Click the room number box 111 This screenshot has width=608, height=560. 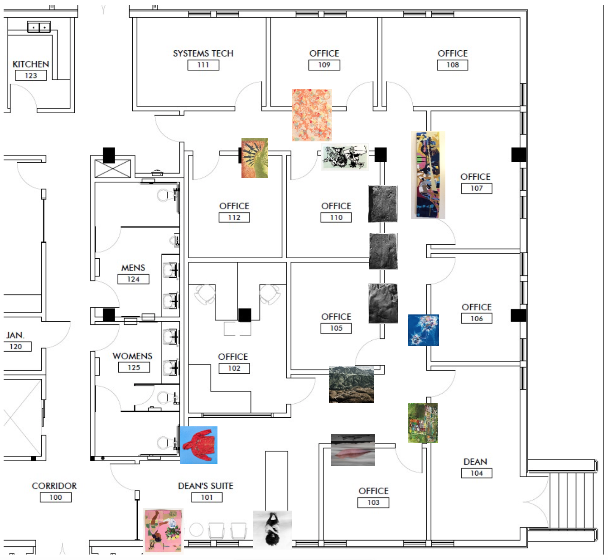pyautogui.click(x=203, y=65)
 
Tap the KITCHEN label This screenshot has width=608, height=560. pyautogui.click(x=31, y=64)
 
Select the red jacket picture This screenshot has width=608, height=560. pyautogui.click(x=198, y=445)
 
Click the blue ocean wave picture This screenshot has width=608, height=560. pyautogui.click(x=423, y=330)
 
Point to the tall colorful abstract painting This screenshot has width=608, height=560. pyautogui.click(x=428, y=175)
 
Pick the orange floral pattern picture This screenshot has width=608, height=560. pyautogui.click(x=312, y=115)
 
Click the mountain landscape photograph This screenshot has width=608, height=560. pyautogui.click(x=351, y=385)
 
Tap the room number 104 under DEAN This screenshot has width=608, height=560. pyautogui.click(x=477, y=473)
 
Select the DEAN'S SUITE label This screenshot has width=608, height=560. pyautogui.click(x=206, y=486)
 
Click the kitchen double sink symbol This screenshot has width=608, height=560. pyautogui.click(x=39, y=27)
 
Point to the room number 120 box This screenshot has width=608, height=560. pyautogui.click(x=16, y=347)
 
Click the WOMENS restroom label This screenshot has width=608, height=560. pyautogui.click(x=132, y=356)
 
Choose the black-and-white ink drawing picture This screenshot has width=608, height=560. pyautogui.click(x=345, y=157)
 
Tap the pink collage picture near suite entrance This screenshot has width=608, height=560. pyautogui.click(x=163, y=530)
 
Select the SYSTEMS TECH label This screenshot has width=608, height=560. pyautogui.click(x=203, y=53)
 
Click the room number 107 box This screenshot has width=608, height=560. pyautogui.click(x=477, y=188)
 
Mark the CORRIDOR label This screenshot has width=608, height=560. pyautogui.click(x=54, y=486)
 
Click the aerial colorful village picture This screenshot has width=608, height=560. pyautogui.click(x=423, y=423)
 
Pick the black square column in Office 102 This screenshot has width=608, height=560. pyautogui.click(x=245, y=315)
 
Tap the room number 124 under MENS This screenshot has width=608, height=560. pyautogui.click(x=133, y=279)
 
